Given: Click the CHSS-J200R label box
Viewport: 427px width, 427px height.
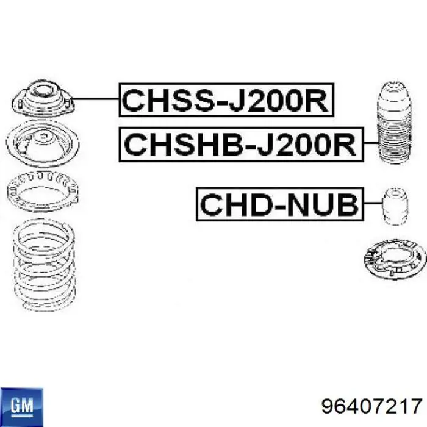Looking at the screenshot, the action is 226,99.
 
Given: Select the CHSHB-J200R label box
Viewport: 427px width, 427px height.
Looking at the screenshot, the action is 242,145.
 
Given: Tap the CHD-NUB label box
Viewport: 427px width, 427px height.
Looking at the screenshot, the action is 280,204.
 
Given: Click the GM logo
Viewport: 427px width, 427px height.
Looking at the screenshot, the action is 22,407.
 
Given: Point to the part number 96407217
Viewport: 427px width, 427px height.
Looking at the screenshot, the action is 371,406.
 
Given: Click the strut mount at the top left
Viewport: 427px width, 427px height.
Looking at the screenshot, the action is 43,98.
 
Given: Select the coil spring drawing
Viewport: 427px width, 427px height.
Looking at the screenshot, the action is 44,265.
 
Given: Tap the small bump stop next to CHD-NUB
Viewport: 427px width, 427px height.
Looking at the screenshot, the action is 395,207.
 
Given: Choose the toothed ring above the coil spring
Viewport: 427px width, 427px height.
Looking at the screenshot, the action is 43,191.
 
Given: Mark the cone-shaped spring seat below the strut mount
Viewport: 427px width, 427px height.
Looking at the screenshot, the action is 43,143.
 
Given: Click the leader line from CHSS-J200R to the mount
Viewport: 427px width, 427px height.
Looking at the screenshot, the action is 95,99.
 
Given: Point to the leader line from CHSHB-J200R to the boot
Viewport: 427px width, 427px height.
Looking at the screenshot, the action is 371,142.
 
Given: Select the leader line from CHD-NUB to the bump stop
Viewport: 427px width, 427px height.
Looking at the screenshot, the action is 373,203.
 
